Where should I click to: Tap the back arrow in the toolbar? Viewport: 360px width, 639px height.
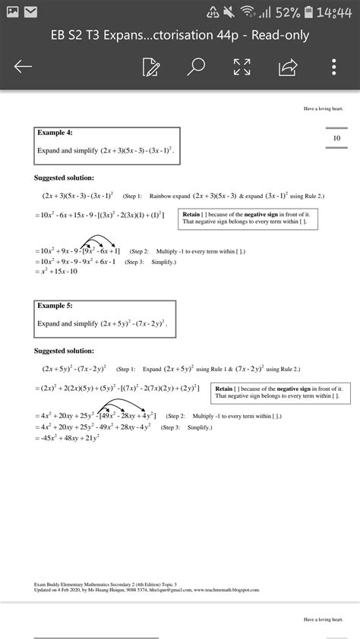23,67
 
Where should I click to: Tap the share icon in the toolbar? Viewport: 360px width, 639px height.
288,67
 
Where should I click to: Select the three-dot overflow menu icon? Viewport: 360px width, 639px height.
334,67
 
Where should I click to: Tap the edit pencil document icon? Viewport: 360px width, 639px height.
150,67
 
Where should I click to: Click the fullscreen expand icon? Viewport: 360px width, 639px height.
242,67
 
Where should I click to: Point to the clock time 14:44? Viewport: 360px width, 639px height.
334,13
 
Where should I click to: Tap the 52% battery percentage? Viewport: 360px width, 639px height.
287,13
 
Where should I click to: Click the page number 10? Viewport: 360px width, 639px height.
336,138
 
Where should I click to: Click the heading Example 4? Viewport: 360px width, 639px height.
55,133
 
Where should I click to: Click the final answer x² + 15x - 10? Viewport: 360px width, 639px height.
56,272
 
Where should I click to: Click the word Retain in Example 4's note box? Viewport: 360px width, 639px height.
191,215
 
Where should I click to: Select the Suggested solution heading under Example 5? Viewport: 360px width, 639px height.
65,351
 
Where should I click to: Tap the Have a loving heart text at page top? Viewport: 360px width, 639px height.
324,109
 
